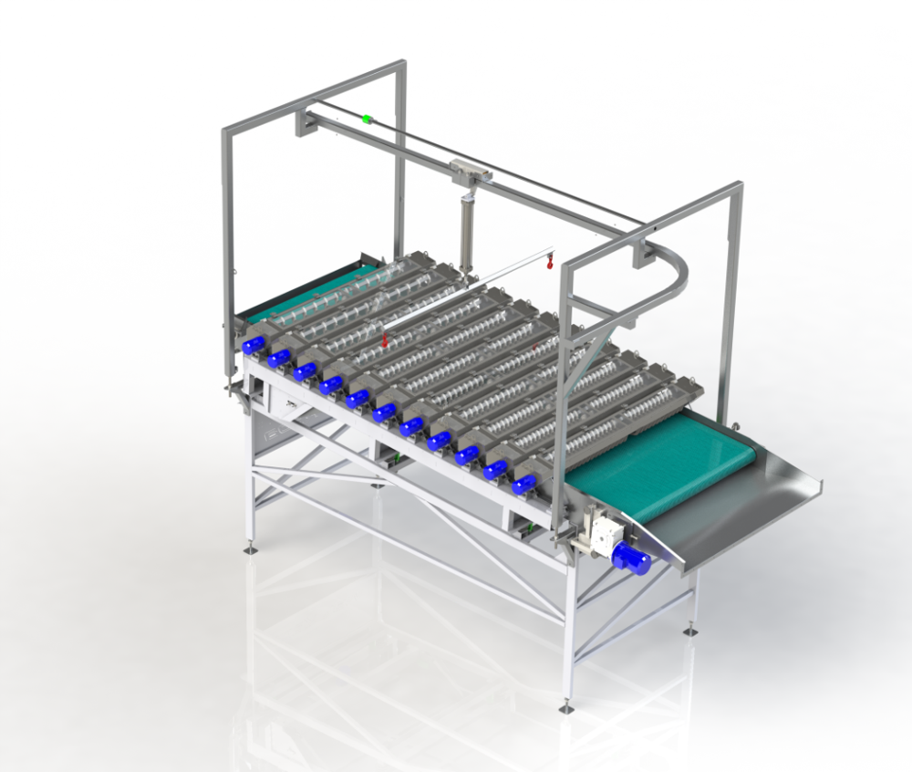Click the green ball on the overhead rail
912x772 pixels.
367,119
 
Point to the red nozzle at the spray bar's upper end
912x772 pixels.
550,265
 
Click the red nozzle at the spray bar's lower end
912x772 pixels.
385,342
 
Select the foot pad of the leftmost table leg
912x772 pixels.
248,550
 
